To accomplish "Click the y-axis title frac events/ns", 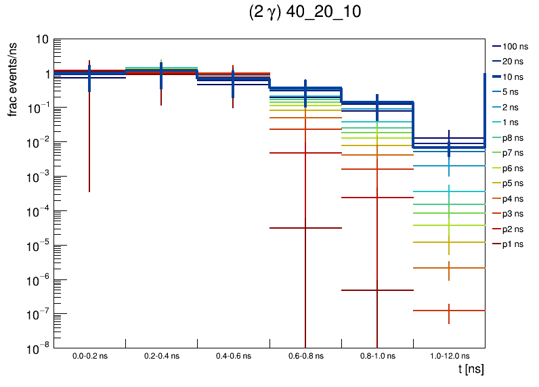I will click(13, 78).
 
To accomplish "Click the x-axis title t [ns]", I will click(471, 369).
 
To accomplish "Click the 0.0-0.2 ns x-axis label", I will click(89, 355).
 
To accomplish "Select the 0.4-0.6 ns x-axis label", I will click(233, 355).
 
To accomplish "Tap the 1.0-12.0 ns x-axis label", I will click(449, 355).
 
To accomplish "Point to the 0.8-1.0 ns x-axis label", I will click(377, 355).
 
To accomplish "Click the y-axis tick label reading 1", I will click(45, 74).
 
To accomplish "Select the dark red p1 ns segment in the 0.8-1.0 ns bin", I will click(359, 290).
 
